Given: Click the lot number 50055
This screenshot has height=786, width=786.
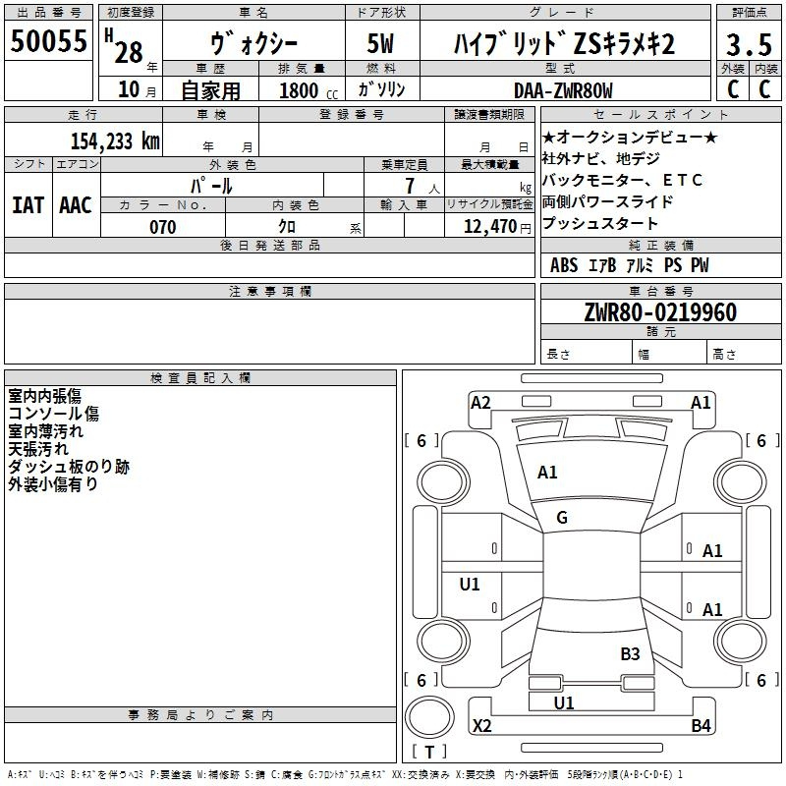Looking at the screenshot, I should point(48,41).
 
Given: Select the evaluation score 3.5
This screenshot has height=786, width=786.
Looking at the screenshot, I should point(747,45).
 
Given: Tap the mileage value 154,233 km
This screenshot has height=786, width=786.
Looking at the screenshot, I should point(115,140).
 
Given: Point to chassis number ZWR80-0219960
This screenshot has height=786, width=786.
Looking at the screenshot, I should point(660,312).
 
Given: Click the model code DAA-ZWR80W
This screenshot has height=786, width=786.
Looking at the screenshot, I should point(563,90).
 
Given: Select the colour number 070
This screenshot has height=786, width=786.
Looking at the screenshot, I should point(162,227).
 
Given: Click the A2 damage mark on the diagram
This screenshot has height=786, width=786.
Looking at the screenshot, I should point(480,402).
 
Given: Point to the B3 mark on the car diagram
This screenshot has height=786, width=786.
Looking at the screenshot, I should point(630,653).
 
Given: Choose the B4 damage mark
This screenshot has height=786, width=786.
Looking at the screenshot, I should point(701,726).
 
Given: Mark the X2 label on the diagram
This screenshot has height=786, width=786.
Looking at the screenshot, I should point(482,726).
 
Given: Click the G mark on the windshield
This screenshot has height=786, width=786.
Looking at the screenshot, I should point(562,518).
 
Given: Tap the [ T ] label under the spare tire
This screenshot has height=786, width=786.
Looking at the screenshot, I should point(429,753).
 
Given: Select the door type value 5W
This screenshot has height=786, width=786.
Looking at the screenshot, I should point(380,44).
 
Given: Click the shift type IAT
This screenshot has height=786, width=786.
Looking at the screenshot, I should point(28,204).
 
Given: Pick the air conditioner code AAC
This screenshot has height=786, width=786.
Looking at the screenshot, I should point(76,204).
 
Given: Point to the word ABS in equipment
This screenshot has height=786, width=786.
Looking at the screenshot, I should point(564,265).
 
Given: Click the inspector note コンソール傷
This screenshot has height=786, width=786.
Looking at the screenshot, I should point(53,414).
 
